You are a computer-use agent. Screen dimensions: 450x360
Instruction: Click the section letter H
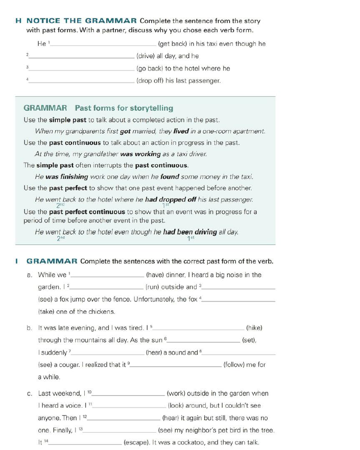[18, 21]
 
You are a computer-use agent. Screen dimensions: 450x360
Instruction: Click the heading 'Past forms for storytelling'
[124, 108]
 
